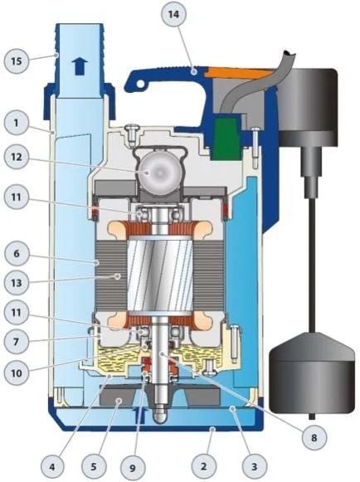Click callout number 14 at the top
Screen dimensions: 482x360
coord(172,15)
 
